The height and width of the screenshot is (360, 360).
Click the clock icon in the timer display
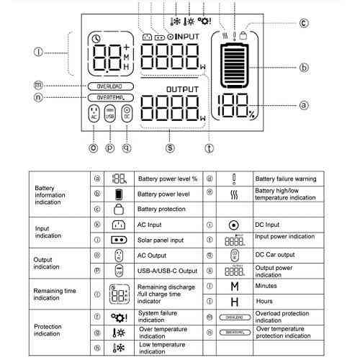pyautogui.click(x=98, y=38)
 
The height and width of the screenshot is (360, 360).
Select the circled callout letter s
pyautogui.click(x=170, y=149)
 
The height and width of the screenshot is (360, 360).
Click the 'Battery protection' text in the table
pyautogui.click(x=163, y=209)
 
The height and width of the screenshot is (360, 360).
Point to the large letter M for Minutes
pyautogui.click(x=234, y=286)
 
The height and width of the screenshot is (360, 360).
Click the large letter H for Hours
pyautogui.click(x=234, y=301)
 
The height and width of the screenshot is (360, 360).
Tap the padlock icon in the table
pyautogui.click(x=119, y=209)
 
